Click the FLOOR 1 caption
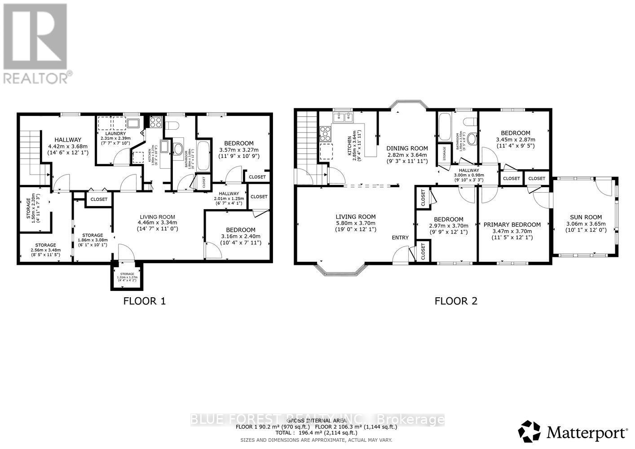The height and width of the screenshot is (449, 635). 144,301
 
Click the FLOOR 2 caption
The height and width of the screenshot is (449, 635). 456,301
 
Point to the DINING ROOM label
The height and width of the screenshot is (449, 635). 407,148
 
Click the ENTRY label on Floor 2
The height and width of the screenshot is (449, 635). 400,238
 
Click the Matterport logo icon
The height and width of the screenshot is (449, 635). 529,431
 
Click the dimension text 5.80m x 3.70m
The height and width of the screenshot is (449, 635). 355,223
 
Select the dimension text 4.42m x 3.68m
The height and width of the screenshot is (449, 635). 68,146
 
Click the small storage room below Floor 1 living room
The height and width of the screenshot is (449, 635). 127,277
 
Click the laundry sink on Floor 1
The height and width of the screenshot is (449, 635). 133,123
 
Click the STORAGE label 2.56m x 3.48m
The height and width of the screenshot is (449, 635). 46,248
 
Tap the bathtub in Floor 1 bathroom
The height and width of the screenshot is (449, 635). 203,155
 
